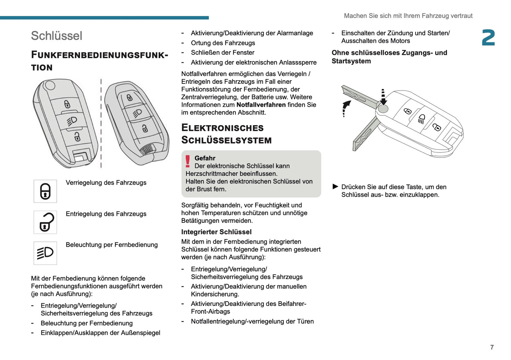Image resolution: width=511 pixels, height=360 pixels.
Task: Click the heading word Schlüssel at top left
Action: [57, 36]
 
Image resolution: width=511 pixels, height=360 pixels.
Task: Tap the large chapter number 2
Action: [488, 38]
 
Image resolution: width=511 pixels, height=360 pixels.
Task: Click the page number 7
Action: [492, 347]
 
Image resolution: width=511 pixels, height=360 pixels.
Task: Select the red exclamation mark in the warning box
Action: [188, 161]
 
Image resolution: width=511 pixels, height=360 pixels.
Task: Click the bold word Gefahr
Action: [205, 158]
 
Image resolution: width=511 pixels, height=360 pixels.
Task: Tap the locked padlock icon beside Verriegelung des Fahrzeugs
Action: [45, 191]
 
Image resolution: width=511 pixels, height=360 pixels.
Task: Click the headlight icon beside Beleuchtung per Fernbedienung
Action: [45, 253]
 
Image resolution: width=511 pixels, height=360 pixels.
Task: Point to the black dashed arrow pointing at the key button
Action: [383, 97]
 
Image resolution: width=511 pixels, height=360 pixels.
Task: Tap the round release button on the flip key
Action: [382, 109]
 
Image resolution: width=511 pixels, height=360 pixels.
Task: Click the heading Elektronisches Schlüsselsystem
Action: [226, 134]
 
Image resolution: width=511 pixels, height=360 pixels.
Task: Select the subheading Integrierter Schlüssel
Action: [216, 232]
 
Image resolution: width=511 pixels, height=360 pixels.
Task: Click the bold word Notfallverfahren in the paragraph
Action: [261, 105]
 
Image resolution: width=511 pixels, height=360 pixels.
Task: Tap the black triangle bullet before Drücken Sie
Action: [336, 186]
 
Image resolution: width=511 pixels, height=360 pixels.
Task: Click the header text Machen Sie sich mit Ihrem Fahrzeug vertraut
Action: [408, 16]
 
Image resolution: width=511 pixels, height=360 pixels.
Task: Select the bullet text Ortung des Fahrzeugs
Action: [223, 43]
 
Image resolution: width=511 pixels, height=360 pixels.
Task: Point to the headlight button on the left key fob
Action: [72, 121]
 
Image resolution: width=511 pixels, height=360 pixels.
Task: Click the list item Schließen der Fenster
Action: [223, 52]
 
